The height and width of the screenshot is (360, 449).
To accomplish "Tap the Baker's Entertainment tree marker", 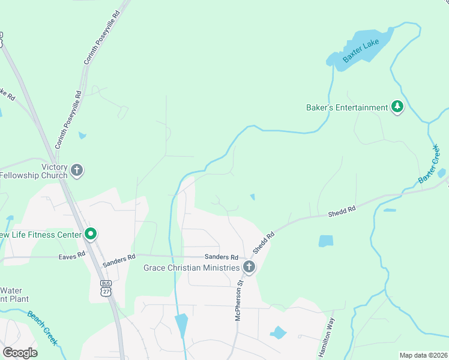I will coord(397,107).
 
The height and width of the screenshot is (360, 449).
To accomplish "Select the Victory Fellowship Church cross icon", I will coord(76,171).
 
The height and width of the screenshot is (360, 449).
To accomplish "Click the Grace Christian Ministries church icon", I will coord(249,267).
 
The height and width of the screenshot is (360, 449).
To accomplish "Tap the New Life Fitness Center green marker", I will coord(91,234).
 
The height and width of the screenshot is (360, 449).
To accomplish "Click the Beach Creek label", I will coord(43,327).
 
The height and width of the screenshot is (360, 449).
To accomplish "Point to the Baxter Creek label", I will coord(430,163).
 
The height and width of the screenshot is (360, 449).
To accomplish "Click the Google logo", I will coord(20,353).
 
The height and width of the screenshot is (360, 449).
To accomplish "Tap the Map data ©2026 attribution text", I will coord(423,355).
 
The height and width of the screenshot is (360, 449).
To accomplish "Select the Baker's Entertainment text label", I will coord(346,108).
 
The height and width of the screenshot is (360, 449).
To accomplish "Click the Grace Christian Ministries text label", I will coord(191,267).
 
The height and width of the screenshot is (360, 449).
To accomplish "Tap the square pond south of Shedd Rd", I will coord(325,241).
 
